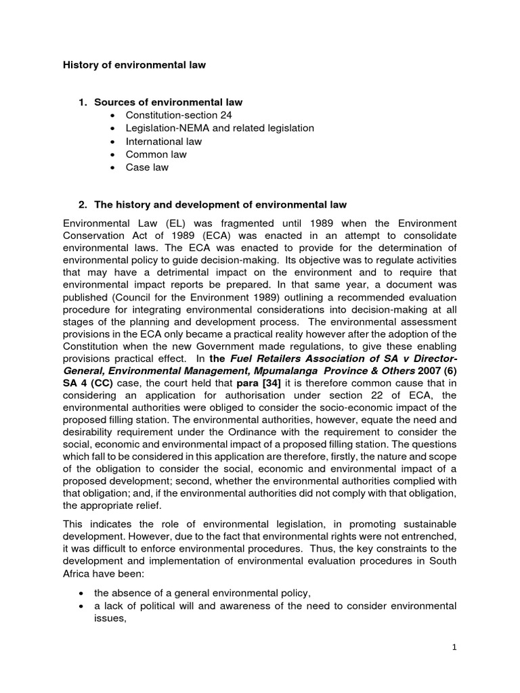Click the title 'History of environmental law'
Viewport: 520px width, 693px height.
click(134, 66)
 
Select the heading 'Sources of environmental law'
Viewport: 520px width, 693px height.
click(168, 102)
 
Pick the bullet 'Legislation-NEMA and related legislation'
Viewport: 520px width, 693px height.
click(219, 128)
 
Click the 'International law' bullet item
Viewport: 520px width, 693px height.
click(163, 141)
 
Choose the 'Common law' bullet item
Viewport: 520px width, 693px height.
click(156, 154)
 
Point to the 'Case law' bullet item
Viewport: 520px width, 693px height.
click(147, 167)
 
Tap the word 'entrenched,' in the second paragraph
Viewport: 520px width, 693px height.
click(430, 537)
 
